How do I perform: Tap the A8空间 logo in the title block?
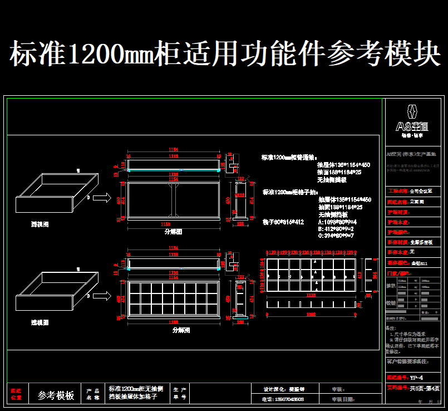point(411,119)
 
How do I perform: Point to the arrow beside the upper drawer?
point(102,198)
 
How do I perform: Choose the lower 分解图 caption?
point(181,330)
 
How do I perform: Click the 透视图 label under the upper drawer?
point(40,224)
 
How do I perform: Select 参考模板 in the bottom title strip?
point(56,395)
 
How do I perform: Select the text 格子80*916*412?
point(283,222)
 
